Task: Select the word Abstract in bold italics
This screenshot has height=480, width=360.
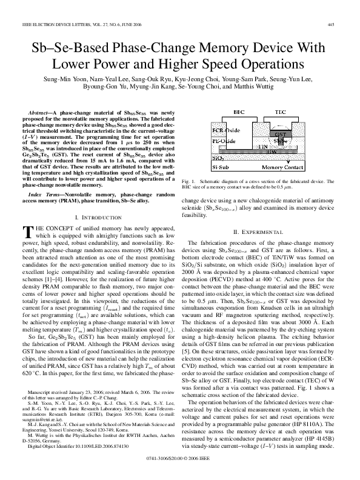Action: (x=42, y=113)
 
